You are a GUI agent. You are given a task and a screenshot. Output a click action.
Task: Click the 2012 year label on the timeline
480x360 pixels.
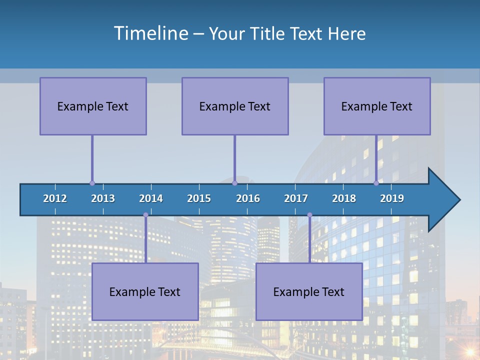[x=55, y=198]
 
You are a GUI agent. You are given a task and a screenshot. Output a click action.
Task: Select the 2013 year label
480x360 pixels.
[x=103, y=198]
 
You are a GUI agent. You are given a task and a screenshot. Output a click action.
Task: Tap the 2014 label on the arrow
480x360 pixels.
[x=151, y=198]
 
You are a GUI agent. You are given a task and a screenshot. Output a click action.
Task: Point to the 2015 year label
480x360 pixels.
[x=199, y=198]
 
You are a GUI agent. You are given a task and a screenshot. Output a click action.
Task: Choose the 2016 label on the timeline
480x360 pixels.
[x=248, y=198]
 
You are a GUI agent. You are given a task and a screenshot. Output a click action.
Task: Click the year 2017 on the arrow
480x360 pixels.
[x=296, y=198]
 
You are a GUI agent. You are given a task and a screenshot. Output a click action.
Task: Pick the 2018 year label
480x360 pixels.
[x=344, y=198]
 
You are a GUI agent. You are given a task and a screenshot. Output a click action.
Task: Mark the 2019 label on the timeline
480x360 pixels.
[x=392, y=198]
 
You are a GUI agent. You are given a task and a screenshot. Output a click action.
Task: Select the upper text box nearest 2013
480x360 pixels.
[x=93, y=106]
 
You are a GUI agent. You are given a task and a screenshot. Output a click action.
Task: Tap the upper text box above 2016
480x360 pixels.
[x=235, y=106]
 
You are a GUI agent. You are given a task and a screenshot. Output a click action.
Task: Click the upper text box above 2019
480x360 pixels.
[x=377, y=106]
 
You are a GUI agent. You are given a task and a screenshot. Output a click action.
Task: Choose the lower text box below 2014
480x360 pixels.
[x=145, y=291]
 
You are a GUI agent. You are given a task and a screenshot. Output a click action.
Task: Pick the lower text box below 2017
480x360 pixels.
[x=309, y=291]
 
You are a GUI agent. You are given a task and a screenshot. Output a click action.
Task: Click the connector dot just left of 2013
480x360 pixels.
[x=92, y=183]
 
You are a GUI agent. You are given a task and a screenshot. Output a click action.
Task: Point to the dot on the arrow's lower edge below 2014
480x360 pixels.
[x=145, y=215]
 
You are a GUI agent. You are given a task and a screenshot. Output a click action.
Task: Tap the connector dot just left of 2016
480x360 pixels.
[x=234, y=183]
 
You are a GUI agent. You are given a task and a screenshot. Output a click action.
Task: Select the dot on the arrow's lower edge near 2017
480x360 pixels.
[x=309, y=215]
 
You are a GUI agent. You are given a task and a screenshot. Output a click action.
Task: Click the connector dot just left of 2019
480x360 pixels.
[x=376, y=183]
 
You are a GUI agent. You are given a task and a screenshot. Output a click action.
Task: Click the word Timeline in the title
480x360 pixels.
[x=150, y=33]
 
